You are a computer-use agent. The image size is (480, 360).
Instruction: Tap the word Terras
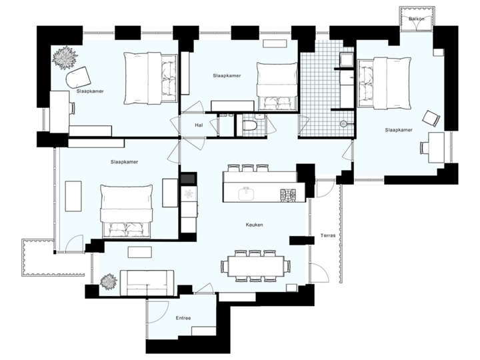coord(329,235)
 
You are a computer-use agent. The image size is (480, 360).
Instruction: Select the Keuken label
coord(254,225)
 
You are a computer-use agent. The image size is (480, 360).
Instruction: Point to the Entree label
coord(183,318)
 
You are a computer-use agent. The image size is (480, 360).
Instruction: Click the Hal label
coord(198,124)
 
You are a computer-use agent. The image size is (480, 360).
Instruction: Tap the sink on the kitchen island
coord(246,193)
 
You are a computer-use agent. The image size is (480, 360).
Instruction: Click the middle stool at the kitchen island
coord(247,167)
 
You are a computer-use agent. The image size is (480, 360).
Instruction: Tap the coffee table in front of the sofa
coord(141,251)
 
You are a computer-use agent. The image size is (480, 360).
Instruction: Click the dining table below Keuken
coord(255,266)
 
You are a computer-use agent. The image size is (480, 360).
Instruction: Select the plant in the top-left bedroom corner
coord(65,58)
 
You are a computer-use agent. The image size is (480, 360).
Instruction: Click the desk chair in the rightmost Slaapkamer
coord(431,119)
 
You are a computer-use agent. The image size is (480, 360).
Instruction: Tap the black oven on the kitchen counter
coord(187,178)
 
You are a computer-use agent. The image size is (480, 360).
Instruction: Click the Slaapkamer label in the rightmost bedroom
coord(399,130)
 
